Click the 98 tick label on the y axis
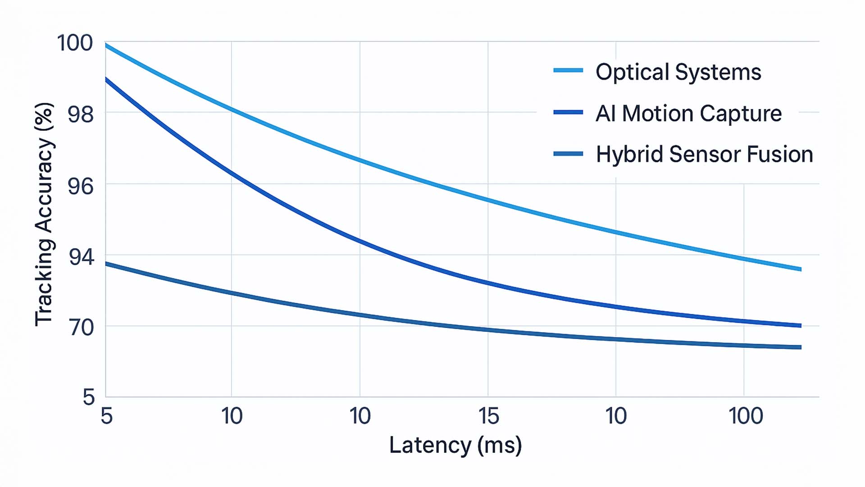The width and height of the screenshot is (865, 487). tap(81, 115)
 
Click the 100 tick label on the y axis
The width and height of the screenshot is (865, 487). tap(75, 43)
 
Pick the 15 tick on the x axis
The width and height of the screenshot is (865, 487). tap(488, 416)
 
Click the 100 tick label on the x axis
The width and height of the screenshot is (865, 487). tap(746, 416)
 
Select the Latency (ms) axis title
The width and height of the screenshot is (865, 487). tap(455, 445)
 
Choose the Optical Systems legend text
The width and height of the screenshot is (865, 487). tap(678, 72)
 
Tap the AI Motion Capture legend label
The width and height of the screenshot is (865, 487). tap(688, 113)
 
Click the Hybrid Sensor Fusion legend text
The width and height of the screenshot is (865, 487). tap(704, 154)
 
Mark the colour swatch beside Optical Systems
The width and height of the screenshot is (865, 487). tap(568, 70)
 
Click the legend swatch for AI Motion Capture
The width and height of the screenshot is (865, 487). tap(568, 112)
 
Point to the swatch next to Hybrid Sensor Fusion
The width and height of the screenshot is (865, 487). tap(568, 154)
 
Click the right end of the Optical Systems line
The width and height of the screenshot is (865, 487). tap(800, 269)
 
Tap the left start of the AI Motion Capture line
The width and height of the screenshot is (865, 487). tap(106, 79)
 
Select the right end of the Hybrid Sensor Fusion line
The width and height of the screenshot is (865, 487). tap(800, 347)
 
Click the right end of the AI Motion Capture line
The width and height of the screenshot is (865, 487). tap(800, 326)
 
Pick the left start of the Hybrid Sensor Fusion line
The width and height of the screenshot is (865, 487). tap(106, 263)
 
